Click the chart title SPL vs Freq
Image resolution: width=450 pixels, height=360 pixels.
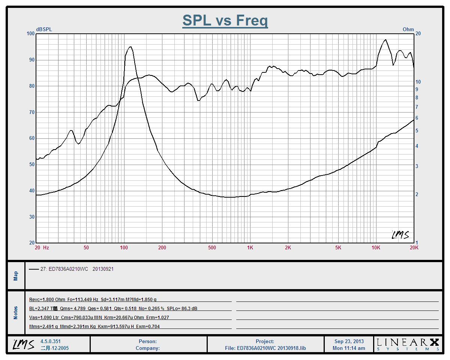click(225, 20)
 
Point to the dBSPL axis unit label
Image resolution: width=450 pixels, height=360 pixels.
click(44, 29)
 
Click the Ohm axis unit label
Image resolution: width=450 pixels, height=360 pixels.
click(408, 29)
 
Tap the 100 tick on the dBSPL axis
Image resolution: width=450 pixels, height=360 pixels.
click(30, 34)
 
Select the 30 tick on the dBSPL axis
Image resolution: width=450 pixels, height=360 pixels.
click(30, 217)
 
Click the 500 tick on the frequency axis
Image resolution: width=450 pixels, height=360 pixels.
click(212, 247)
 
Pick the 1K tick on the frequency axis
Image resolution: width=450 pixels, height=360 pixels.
click(250, 247)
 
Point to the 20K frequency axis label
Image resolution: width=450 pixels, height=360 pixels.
click(414, 247)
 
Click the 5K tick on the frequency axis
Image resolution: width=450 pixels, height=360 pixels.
click(338, 247)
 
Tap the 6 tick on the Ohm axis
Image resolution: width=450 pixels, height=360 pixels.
click(417, 118)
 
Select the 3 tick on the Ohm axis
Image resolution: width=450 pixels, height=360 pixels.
click(417, 166)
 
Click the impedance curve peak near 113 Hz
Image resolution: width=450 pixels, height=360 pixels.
click(130, 47)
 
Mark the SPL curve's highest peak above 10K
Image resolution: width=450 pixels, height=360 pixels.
click(385, 40)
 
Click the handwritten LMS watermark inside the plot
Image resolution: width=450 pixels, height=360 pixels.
click(400, 235)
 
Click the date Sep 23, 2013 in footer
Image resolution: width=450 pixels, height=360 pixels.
click(349, 342)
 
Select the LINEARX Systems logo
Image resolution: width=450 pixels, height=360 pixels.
click(408, 344)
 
